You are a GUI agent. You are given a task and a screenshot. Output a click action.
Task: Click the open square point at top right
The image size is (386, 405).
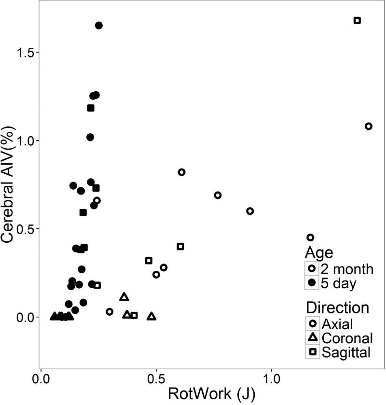[x=357, y=20]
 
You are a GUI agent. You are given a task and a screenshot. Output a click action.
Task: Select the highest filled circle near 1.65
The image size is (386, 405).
[x=98, y=25]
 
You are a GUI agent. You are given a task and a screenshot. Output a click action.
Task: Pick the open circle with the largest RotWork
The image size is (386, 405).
[x=369, y=126]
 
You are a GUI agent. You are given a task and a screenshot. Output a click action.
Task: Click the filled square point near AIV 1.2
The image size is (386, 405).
[x=91, y=108]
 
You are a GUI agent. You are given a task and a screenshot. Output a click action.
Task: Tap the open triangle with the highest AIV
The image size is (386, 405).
[x=124, y=297]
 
